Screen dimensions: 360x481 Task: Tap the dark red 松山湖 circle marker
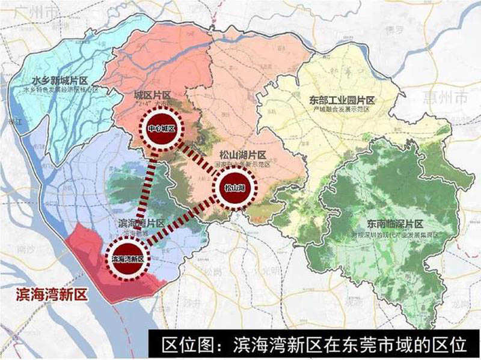click(x=234, y=188)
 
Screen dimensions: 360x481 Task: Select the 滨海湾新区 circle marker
click(x=127, y=258)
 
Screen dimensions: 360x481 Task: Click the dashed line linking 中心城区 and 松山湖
click(x=198, y=159)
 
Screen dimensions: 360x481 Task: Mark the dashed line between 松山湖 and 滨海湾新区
click(x=180, y=224)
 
